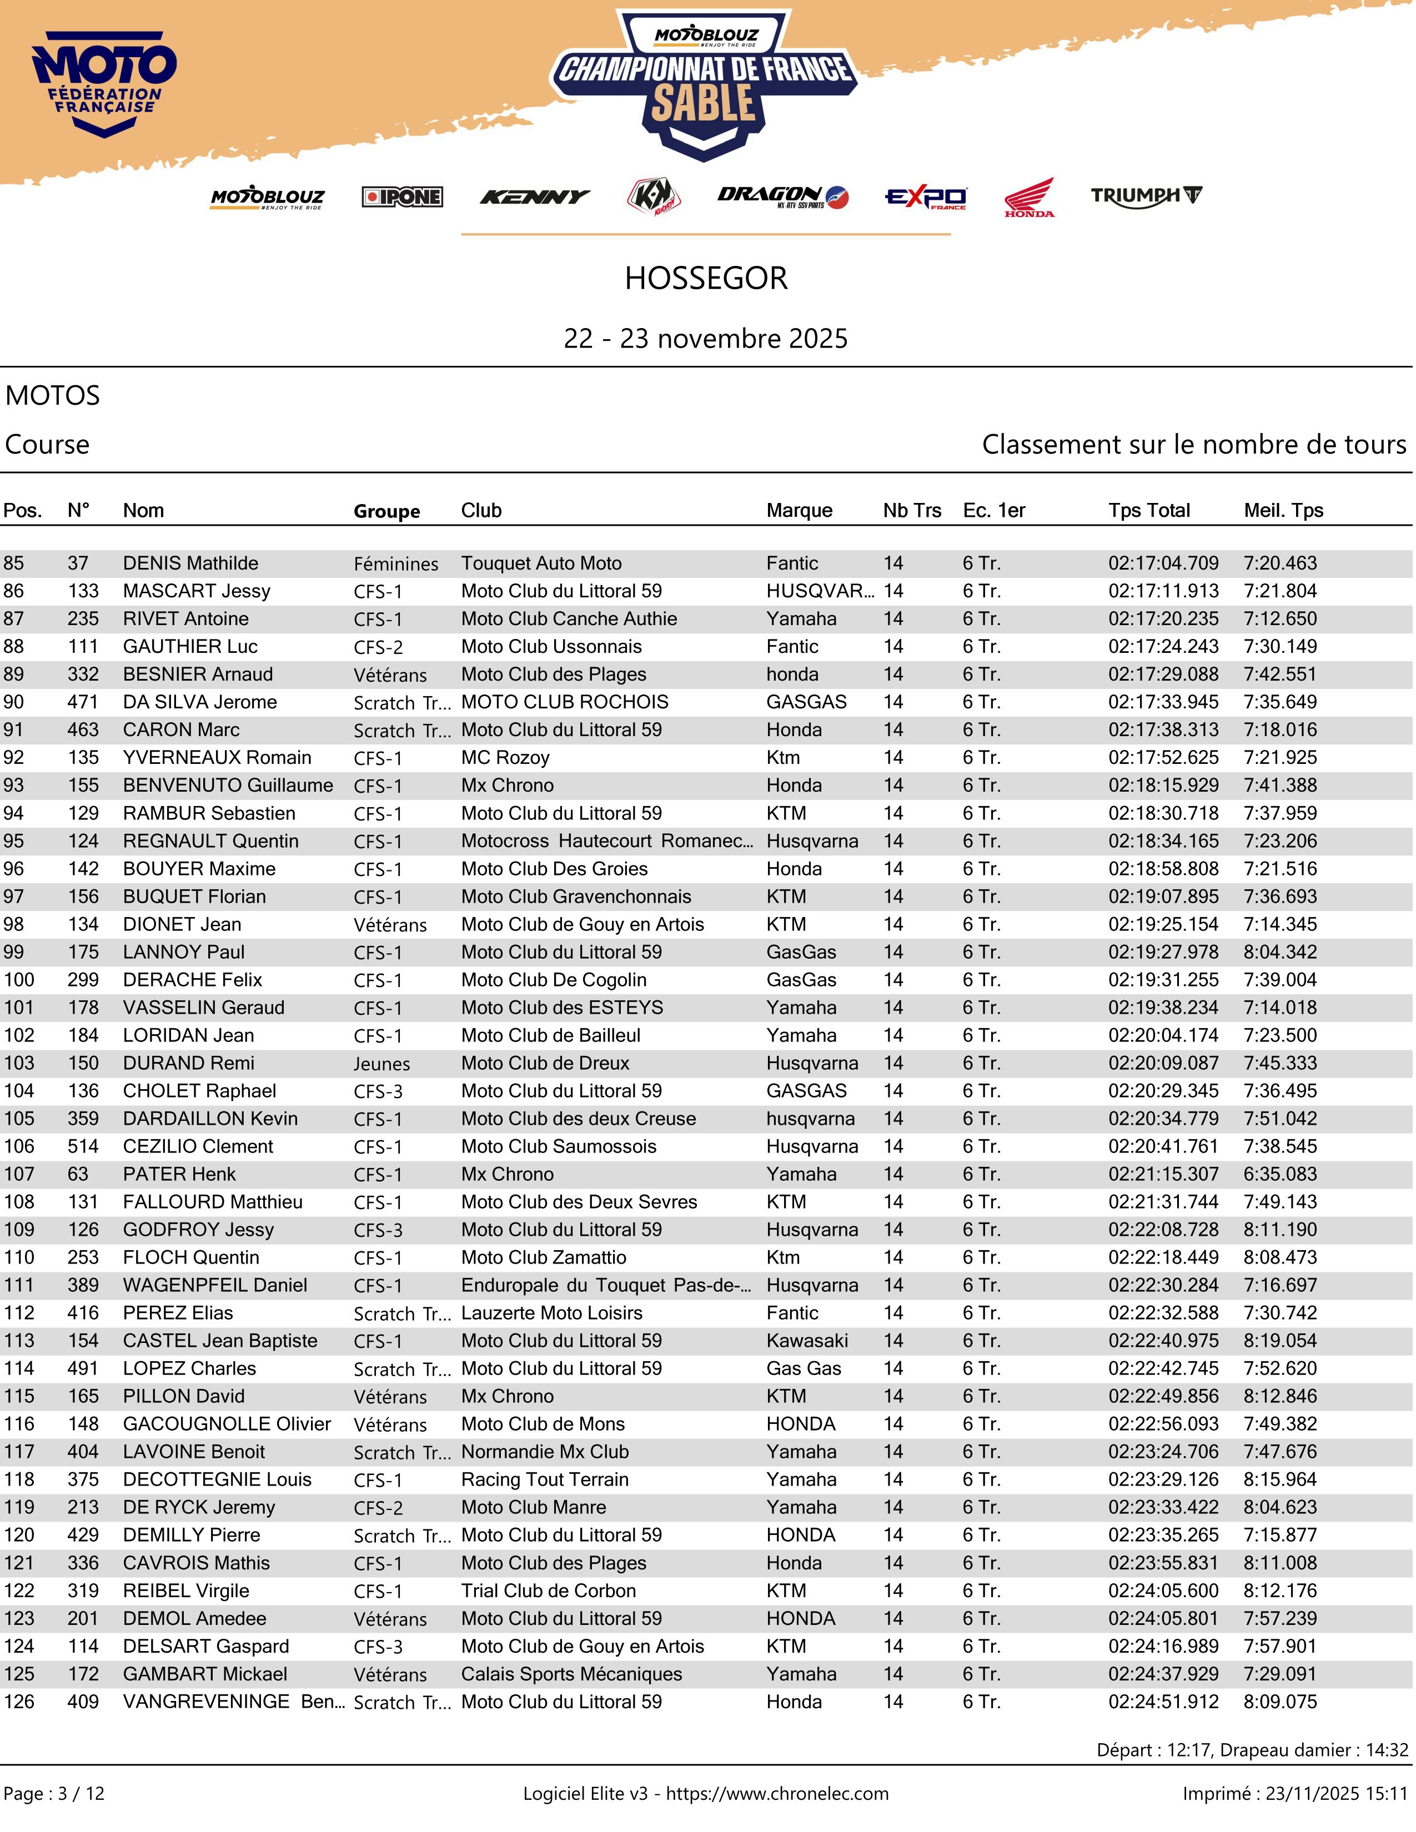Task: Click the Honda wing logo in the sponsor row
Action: click(1030, 197)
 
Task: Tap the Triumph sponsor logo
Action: click(1146, 197)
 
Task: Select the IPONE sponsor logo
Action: click(402, 197)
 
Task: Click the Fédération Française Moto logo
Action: click(105, 84)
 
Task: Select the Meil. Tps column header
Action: click(1283, 510)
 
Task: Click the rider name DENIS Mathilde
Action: click(190, 563)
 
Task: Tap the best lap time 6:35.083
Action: click(1280, 1174)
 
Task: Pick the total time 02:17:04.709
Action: click(1163, 563)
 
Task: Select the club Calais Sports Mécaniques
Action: click(571, 1673)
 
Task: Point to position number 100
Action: click(19, 980)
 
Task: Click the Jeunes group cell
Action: click(381, 1064)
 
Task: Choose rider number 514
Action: click(83, 1146)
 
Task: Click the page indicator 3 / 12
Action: click(82, 1793)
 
